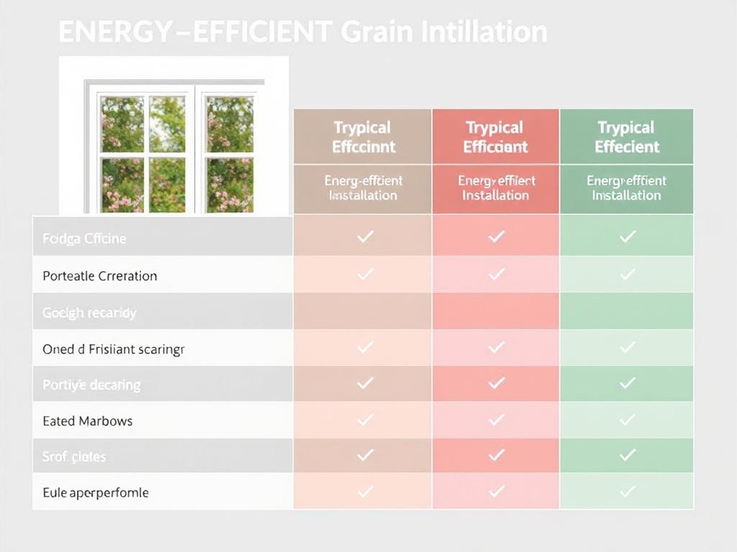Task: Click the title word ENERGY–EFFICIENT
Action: [x=194, y=32]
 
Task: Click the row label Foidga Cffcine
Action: [x=84, y=239]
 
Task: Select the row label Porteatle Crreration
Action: [x=99, y=276]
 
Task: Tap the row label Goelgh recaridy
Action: [x=89, y=313]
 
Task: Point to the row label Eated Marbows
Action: [x=87, y=421]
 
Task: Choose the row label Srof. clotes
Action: [x=74, y=457]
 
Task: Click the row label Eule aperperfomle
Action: [x=96, y=493]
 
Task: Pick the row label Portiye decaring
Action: [x=91, y=385]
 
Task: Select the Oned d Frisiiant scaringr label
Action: [x=114, y=349]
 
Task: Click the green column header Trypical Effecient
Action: [x=627, y=137]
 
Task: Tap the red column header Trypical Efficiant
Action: [x=495, y=137]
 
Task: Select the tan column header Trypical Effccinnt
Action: [x=363, y=137]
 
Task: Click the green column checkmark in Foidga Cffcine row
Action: [x=628, y=236]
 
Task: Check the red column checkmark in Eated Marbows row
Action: [x=496, y=419]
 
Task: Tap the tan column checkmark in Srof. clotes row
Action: [x=365, y=454]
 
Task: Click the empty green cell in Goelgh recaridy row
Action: [x=627, y=311]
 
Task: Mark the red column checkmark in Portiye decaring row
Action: [x=496, y=383]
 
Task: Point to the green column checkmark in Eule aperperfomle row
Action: [x=628, y=491]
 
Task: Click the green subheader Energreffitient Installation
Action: [x=627, y=188]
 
